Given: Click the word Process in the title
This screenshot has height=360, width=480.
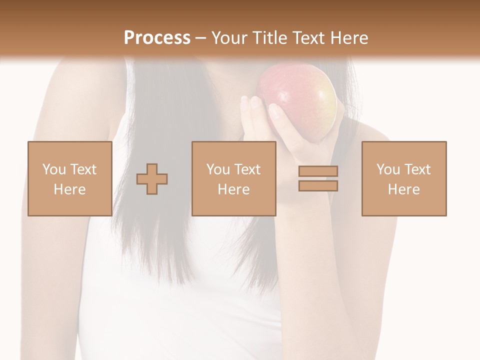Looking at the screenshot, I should coord(157,38).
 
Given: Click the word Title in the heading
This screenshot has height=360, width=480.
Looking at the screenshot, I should coord(268,38).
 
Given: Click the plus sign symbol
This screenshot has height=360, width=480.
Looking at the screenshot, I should coord(152,179).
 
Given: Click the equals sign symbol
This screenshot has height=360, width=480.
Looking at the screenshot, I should coord(318,178).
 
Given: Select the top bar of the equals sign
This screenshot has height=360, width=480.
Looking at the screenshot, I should coord(318,171).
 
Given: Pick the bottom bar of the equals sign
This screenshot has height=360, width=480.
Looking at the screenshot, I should coord(318,185).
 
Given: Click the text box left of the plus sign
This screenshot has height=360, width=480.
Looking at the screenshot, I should coord(70,178).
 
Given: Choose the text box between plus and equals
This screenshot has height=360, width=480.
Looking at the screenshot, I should coord(234,178).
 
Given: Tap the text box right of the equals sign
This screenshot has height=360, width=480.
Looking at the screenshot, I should coord(404,178).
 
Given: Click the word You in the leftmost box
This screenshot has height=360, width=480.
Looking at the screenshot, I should coord(53,169).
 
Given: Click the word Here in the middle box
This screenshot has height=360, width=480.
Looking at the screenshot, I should coord(234,189).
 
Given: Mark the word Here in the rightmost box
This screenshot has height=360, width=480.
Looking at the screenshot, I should coord(404,189).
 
